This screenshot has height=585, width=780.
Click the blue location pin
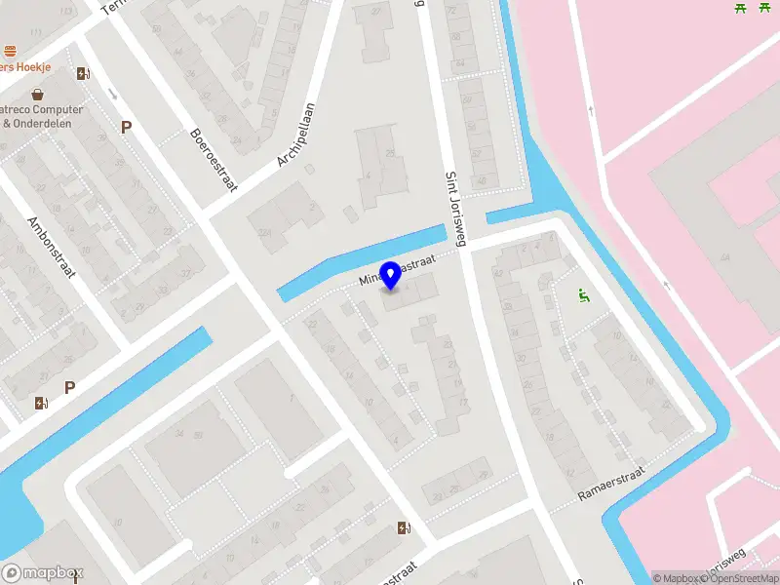(391, 275)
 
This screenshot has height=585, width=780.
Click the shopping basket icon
(37, 95)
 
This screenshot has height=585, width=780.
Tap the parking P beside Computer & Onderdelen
(125, 127)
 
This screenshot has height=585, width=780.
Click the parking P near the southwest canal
(69, 387)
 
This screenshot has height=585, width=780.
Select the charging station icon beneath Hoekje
(83, 73)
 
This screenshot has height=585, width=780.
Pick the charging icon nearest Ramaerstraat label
(405, 528)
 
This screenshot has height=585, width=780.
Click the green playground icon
(584, 296)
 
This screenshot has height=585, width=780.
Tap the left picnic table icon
(740, 8)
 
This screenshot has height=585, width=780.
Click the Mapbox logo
(43, 573)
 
